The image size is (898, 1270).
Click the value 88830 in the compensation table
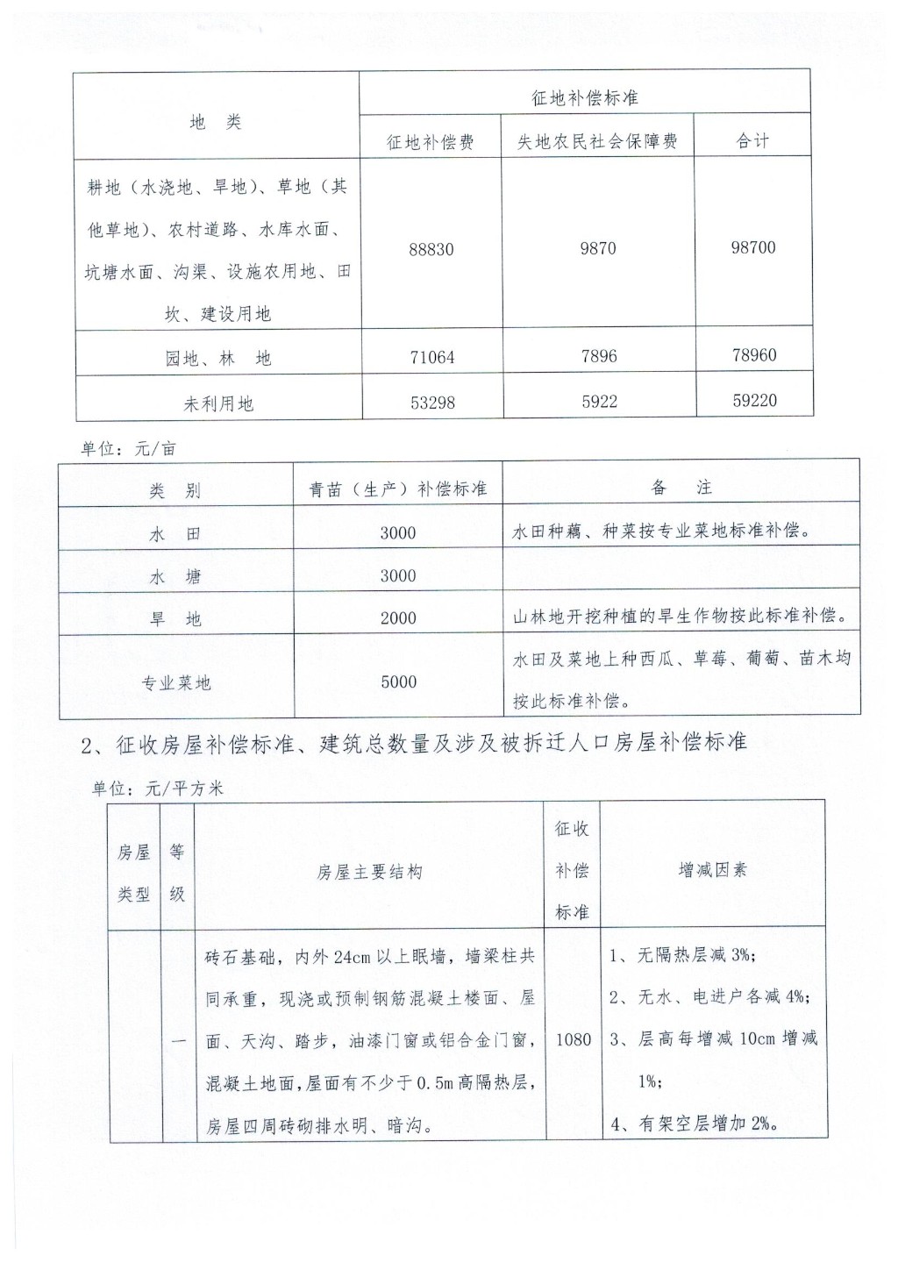click(431, 249)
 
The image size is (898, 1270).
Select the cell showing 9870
click(598, 248)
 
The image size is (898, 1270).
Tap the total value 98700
click(753, 247)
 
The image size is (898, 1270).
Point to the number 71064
click(432, 357)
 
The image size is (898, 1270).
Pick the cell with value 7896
click(598, 356)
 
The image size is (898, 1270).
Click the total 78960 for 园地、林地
click(754, 355)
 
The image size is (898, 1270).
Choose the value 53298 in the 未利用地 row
click(432, 403)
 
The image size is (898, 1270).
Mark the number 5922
click(599, 402)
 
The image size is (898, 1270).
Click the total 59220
click(755, 401)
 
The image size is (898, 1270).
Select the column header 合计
click(752, 141)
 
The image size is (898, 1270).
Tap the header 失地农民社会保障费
click(597, 141)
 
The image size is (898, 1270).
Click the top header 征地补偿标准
click(585, 98)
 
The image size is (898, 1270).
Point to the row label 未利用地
click(218, 403)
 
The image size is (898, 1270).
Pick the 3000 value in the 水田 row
click(398, 532)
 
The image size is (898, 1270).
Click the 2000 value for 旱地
click(398, 618)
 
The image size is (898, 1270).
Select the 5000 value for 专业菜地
click(398, 681)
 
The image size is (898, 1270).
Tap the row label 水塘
click(175, 576)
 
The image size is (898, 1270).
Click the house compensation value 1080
click(574, 1039)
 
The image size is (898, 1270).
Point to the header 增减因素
click(712, 870)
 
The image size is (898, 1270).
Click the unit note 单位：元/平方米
click(159, 788)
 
